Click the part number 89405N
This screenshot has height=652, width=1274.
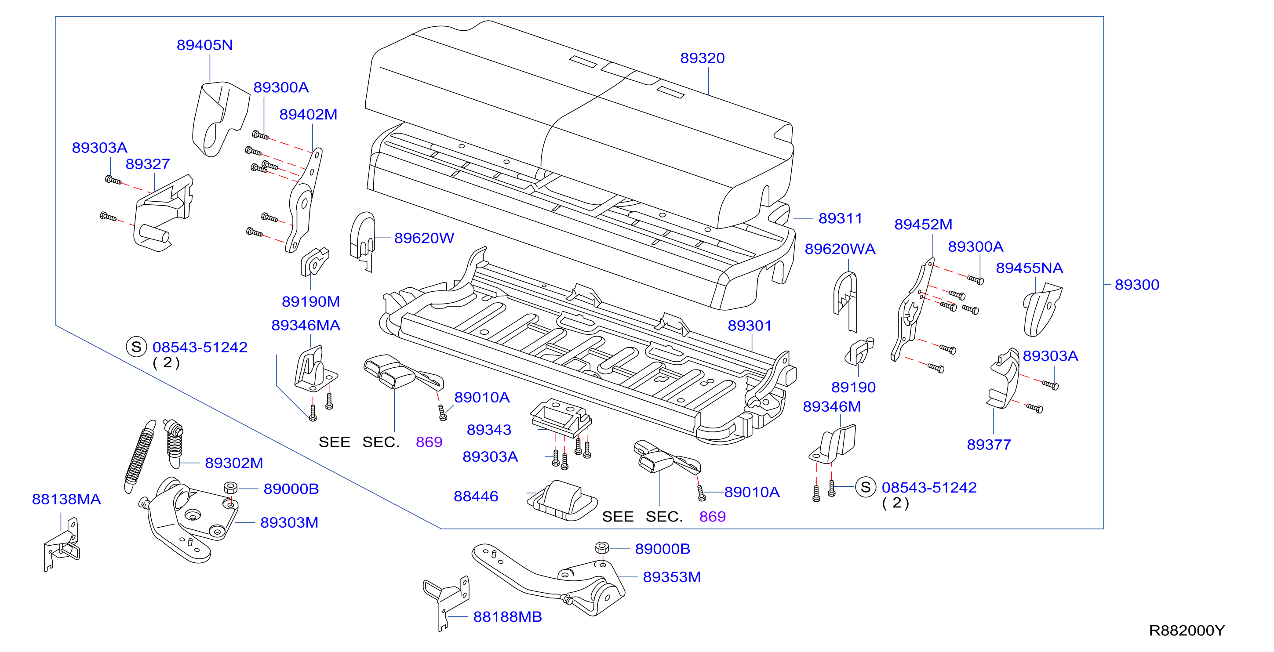coord(205,45)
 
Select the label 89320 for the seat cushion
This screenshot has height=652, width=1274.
coord(703,58)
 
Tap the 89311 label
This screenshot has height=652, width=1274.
coord(840,218)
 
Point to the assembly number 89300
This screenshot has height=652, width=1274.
coord(1137,284)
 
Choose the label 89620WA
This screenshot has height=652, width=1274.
coord(840,249)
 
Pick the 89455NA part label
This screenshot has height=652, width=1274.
coord(1029,268)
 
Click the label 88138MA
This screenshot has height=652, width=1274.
coord(66,499)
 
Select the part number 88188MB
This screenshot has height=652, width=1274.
coord(507,616)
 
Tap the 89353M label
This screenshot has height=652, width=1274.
coord(672,577)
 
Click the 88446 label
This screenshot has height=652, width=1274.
coord(476,496)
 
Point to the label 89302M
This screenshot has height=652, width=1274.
coord(234,463)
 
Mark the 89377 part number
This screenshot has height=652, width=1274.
coord(989,444)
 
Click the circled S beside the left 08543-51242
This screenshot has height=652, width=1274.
coord(136,347)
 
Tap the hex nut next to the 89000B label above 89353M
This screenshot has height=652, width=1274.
coord(602,548)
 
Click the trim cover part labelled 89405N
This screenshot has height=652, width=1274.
coord(220,119)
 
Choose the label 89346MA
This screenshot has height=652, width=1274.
coord(306,325)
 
